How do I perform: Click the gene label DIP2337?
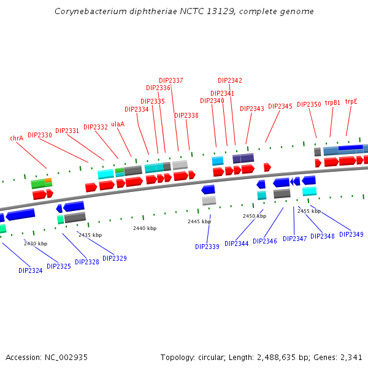point(171,80)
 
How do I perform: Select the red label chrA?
point(17,139)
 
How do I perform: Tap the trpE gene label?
point(351,102)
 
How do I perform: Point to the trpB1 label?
point(332,103)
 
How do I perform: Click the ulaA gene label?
point(118,124)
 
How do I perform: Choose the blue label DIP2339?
point(207,247)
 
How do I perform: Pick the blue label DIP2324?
point(31,270)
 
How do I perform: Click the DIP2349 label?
point(351,234)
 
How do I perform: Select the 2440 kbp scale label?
point(145,228)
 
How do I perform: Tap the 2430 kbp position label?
point(36,243)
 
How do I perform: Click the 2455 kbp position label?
point(309,211)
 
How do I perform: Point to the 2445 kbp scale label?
point(199,221)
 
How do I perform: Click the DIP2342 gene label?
point(230,80)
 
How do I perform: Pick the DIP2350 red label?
point(309,104)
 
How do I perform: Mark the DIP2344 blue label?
point(237,243)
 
